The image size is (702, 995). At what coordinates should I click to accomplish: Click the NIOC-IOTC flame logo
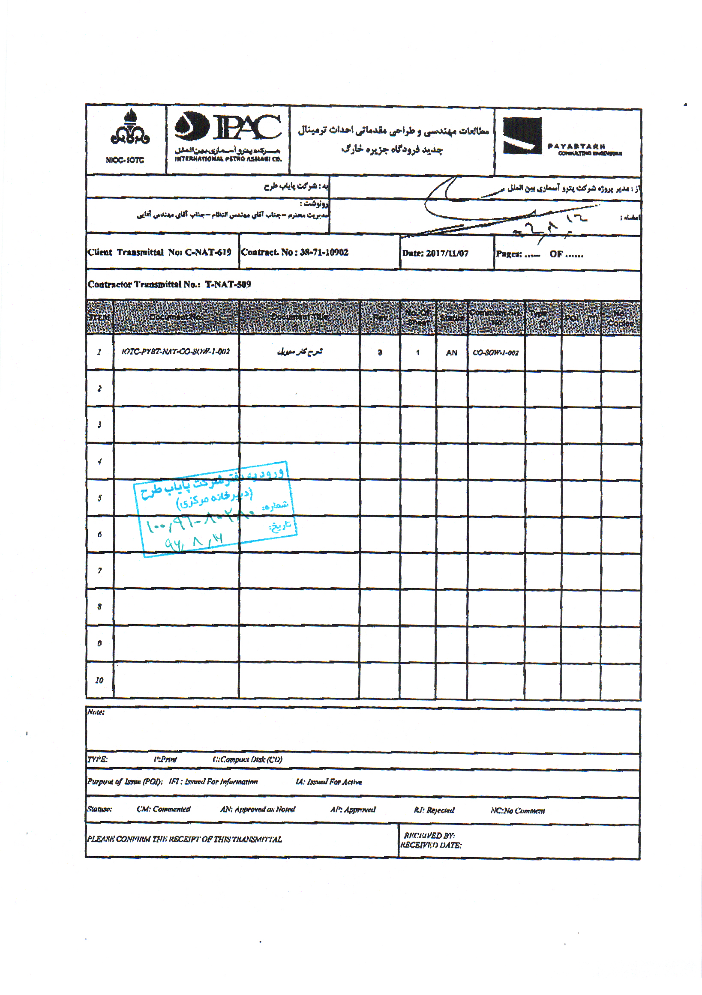click(x=130, y=128)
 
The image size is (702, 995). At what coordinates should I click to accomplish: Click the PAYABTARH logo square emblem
click(x=522, y=136)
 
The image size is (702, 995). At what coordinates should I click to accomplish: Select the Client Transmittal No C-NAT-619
click(x=159, y=252)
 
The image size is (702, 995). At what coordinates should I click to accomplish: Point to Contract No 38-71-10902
click(x=294, y=252)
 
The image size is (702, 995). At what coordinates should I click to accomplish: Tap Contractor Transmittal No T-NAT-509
click(x=169, y=284)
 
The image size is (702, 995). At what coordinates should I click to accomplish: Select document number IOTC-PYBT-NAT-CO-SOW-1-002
click(x=176, y=352)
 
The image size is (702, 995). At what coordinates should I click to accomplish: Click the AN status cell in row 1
click(x=451, y=353)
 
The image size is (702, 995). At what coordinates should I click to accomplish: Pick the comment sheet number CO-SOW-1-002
click(x=495, y=353)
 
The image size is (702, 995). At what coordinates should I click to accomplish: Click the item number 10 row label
click(x=99, y=680)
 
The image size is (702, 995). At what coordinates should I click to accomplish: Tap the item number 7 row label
click(x=100, y=571)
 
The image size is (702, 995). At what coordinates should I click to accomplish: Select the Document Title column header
click(x=299, y=317)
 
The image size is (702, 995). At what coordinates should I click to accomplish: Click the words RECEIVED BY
click(x=429, y=835)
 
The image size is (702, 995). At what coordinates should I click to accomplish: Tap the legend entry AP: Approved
click(x=353, y=809)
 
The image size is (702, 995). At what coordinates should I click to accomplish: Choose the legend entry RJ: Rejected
click(x=434, y=810)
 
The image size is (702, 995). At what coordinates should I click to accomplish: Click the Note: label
click(x=96, y=712)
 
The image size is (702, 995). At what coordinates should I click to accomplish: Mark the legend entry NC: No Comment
click(x=517, y=810)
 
